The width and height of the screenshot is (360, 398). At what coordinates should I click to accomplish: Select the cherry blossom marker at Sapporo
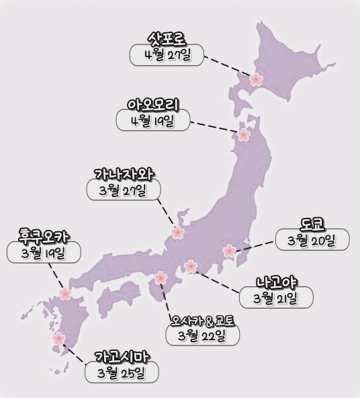(x=255, y=80)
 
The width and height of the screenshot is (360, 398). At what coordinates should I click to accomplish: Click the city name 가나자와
(x=126, y=173)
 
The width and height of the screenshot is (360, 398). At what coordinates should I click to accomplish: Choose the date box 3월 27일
(x=126, y=190)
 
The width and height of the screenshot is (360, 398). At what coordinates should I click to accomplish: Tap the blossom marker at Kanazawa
(x=178, y=233)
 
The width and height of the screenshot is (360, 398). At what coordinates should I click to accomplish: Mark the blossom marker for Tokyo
(x=229, y=250)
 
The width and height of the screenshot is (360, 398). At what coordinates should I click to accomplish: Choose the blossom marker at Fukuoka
(x=65, y=293)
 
